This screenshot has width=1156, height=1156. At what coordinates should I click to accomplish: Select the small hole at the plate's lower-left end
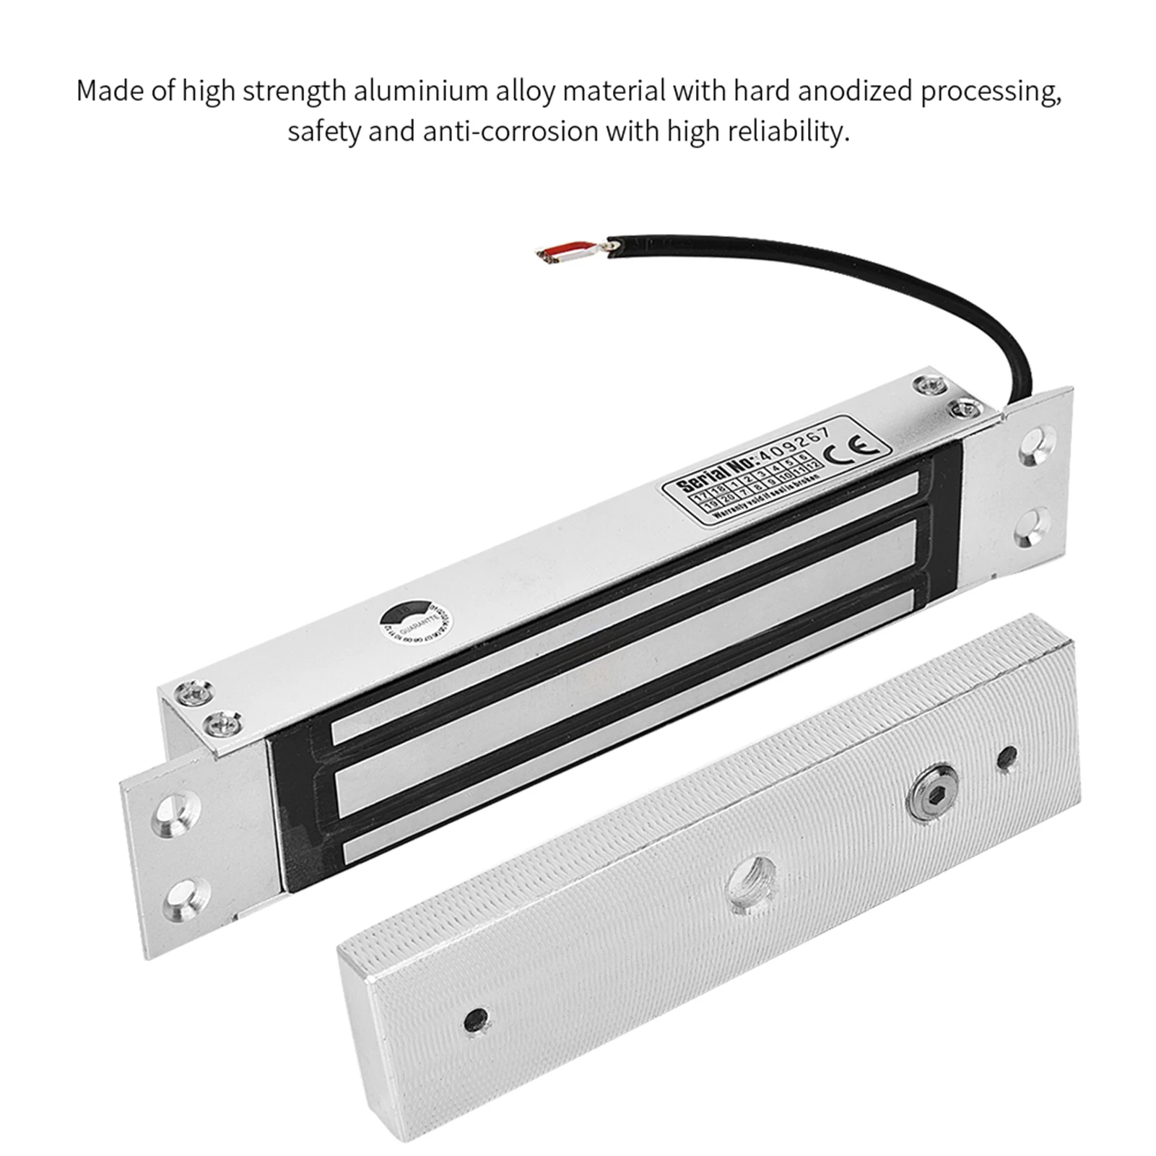[x=475, y=1019]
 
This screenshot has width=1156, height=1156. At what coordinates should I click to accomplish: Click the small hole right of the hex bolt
[x=1007, y=757]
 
